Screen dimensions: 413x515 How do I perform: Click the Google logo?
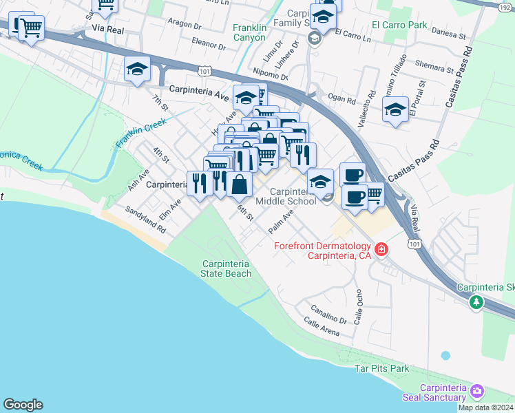23,405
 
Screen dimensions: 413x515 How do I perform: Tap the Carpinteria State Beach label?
226,268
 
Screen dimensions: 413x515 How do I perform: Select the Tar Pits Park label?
381,368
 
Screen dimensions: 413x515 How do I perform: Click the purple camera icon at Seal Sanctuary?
476,392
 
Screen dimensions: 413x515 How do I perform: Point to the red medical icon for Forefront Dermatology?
381,249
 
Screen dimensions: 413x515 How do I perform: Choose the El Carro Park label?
399,25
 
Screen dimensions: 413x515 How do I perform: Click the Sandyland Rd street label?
145,219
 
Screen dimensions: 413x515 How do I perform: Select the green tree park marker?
476,302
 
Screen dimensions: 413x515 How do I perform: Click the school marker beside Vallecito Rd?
395,110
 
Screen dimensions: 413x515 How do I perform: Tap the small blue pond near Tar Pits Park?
445,356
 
